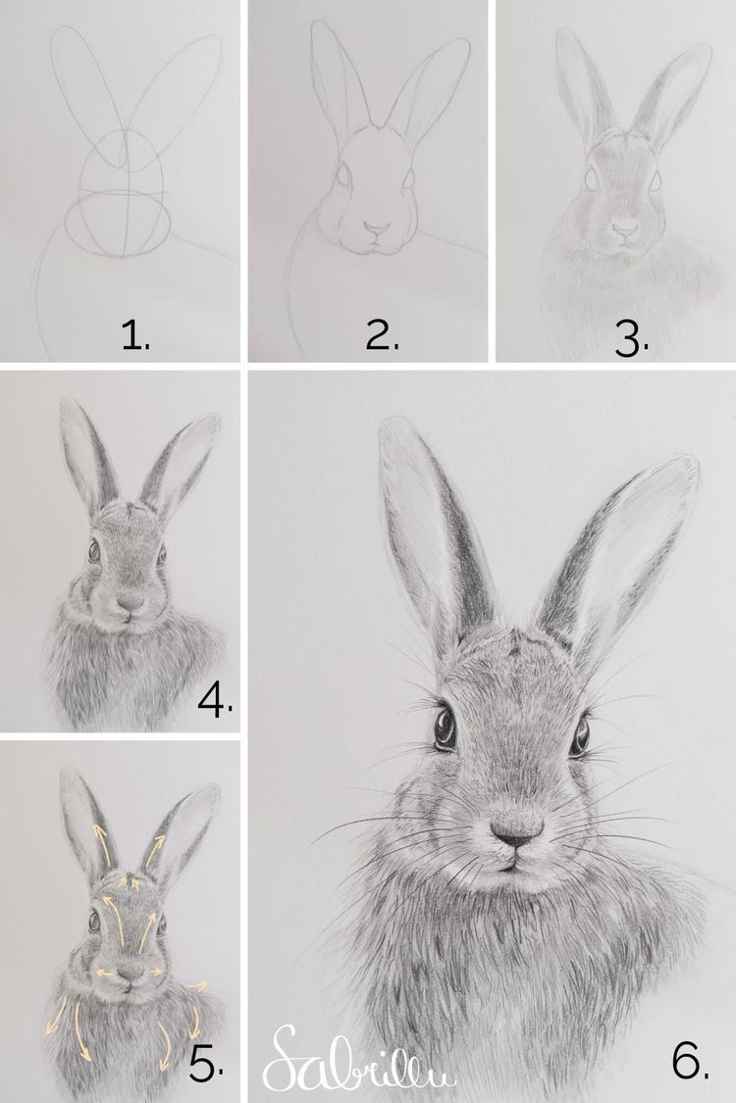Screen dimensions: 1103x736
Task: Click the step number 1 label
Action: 134,335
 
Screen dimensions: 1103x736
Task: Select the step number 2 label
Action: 381,335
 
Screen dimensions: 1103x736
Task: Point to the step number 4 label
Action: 214,699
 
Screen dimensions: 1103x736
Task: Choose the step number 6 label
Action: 691,1059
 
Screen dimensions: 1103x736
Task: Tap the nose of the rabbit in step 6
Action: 516,832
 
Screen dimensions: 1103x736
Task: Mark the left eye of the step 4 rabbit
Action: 95,551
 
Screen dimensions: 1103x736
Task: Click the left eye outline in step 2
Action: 343,177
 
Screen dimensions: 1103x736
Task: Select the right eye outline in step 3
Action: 655,179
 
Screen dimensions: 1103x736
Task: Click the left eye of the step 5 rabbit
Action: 95,921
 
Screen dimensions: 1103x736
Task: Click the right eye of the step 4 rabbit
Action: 161,555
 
